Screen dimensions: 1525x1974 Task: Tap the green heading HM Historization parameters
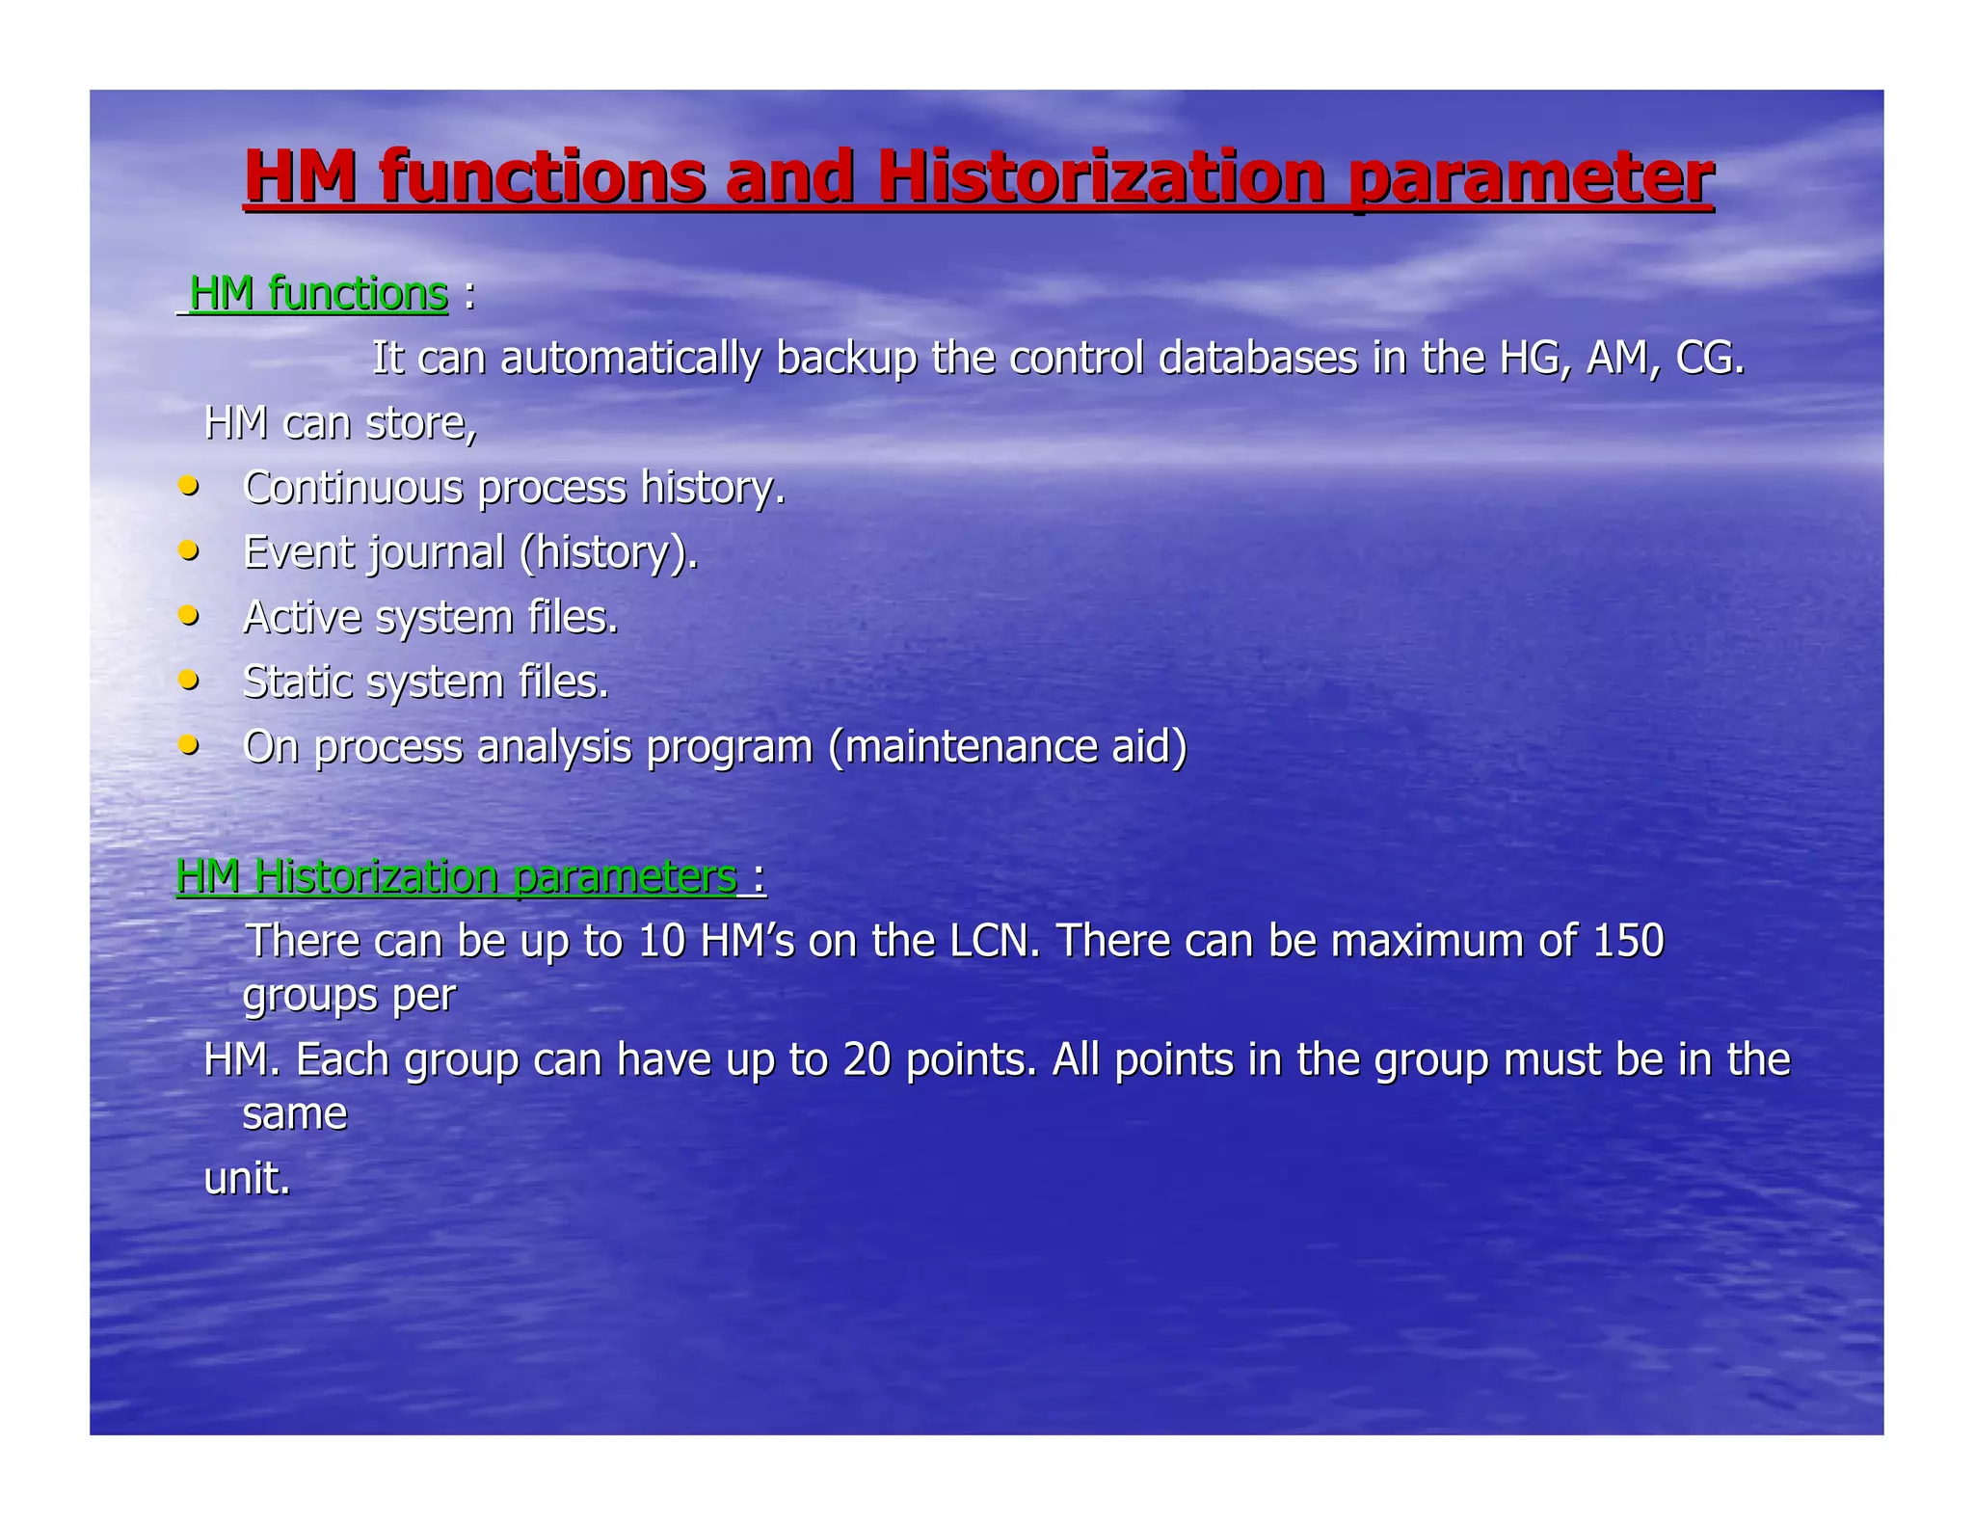pyautogui.click(x=457, y=876)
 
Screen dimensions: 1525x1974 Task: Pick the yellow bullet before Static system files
pyautogui.click(x=190, y=680)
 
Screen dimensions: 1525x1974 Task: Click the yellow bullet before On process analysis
pyautogui.click(x=190, y=744)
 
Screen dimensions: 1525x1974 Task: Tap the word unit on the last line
pyautogui.click(x=247, y=1178)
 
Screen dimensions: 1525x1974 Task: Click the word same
pyautogui.click(x=294, y=1114)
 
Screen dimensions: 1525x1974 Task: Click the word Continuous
pyautogui.click(x=354, y=488)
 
